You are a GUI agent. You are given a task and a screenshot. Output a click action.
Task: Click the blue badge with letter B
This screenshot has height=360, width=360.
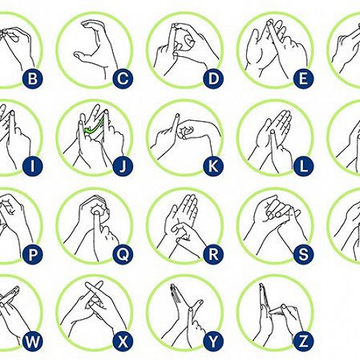click(32, 78)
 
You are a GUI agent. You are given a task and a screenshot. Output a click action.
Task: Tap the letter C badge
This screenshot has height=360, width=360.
click(123, 78)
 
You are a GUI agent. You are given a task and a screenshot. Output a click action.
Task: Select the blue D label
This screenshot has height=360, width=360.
click(213, 78)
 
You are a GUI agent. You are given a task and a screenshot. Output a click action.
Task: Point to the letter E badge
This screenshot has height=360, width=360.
click(303, 78)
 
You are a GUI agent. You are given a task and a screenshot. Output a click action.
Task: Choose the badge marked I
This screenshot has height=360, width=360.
click(32, 166)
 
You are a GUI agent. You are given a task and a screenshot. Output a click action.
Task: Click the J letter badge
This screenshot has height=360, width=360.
click(123, 166)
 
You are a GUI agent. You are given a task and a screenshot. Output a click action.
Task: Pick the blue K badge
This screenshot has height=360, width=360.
click(213, 166)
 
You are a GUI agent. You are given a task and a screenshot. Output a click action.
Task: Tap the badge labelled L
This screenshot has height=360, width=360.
click(303, 166)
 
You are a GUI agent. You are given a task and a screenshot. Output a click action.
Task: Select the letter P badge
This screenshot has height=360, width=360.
click(32, 254)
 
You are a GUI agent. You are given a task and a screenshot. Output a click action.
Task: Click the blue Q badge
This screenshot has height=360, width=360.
click(123, 254)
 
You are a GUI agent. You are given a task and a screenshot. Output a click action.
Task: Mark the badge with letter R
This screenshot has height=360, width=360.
click(213, 254)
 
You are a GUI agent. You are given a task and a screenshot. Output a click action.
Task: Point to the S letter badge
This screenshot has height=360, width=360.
click(303, 254)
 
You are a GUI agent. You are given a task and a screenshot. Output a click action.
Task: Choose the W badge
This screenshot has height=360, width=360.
click(32, 341)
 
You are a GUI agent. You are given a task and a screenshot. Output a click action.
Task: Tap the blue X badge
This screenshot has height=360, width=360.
click(123, 341)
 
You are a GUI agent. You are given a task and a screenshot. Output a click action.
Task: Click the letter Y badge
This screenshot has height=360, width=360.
click(213, 341)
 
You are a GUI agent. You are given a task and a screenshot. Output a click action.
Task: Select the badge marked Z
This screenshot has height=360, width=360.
click(303, 341)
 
